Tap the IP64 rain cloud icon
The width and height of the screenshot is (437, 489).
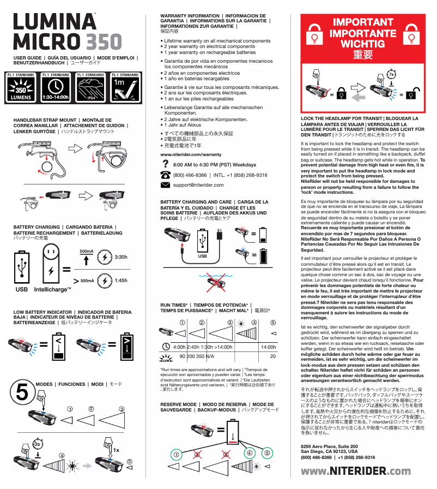pyautogui.click(x=90, y=90)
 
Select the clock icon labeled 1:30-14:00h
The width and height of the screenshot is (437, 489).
pyautogui.click(x=55, y=90)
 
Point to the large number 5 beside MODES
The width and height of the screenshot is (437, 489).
pyautogui.click(x=22, y=392)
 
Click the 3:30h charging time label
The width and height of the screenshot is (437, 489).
pyautogui.click(x=122, y=257)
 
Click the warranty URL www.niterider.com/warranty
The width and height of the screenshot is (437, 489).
pyautogui.click(x=191, y=155)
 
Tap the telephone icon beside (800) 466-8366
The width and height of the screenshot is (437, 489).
pyautogui.click(x=166, y=175)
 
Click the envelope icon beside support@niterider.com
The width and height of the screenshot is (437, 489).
pyautogui.click(x=166, y=185)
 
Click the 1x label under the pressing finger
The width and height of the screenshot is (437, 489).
pyautogui.click(x=116, y=450)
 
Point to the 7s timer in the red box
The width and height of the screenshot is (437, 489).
pyautogui.click(x=391, y=73)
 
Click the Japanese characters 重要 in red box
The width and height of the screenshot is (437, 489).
pyautogui.click(x=363, y=55)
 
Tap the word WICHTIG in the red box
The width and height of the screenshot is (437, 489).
pyautogui.click(x=363, y=43)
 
